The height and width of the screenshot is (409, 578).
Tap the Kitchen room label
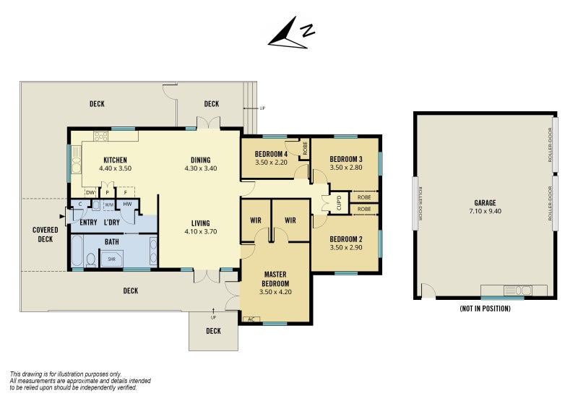pyautogui.click(x=115, y=160)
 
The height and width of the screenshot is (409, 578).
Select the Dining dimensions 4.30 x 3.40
pyautogui.click(x=201, y=168)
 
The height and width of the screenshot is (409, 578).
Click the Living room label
pyautogui.click(x=201, y=223)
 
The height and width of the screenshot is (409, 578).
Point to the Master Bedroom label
pyautogui.click(x=275, y=279)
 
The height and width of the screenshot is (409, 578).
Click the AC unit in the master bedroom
pyautogui.click(x=251, y=319)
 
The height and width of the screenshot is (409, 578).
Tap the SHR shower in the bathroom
pyautogui.click(x=112, y=259)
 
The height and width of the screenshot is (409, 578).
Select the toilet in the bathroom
pyautogui.click(x=91, y=260)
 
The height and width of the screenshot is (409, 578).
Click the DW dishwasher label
pyautogui.click(x=91, y=192)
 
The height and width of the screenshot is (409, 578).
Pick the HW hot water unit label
pyautogui.click(x=127, y=204)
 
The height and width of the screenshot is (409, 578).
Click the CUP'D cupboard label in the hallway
pyautogui.click(x=340, y=202)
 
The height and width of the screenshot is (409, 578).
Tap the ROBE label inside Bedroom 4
pyautogui.click(x=305, y=148)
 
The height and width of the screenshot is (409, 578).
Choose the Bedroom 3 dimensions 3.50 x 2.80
pyautogui.click(x=346, y=168)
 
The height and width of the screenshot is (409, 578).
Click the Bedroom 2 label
pyautogui.click(x=346, y=239)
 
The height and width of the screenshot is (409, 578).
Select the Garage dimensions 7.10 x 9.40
pyautogui.click(x=485, y=211)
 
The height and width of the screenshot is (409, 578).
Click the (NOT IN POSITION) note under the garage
pyautogui.click(x=485, y=309)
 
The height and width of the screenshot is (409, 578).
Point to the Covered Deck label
pyautogui.click(x=46, y=235)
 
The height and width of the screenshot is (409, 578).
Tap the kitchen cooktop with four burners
pyautogui.click(x=100, y=136)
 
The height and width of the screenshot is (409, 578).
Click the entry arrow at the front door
pyautogui.click(x=62, y=216)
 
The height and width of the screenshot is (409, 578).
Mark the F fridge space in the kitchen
pyautogui.click(x=126, y=192)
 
